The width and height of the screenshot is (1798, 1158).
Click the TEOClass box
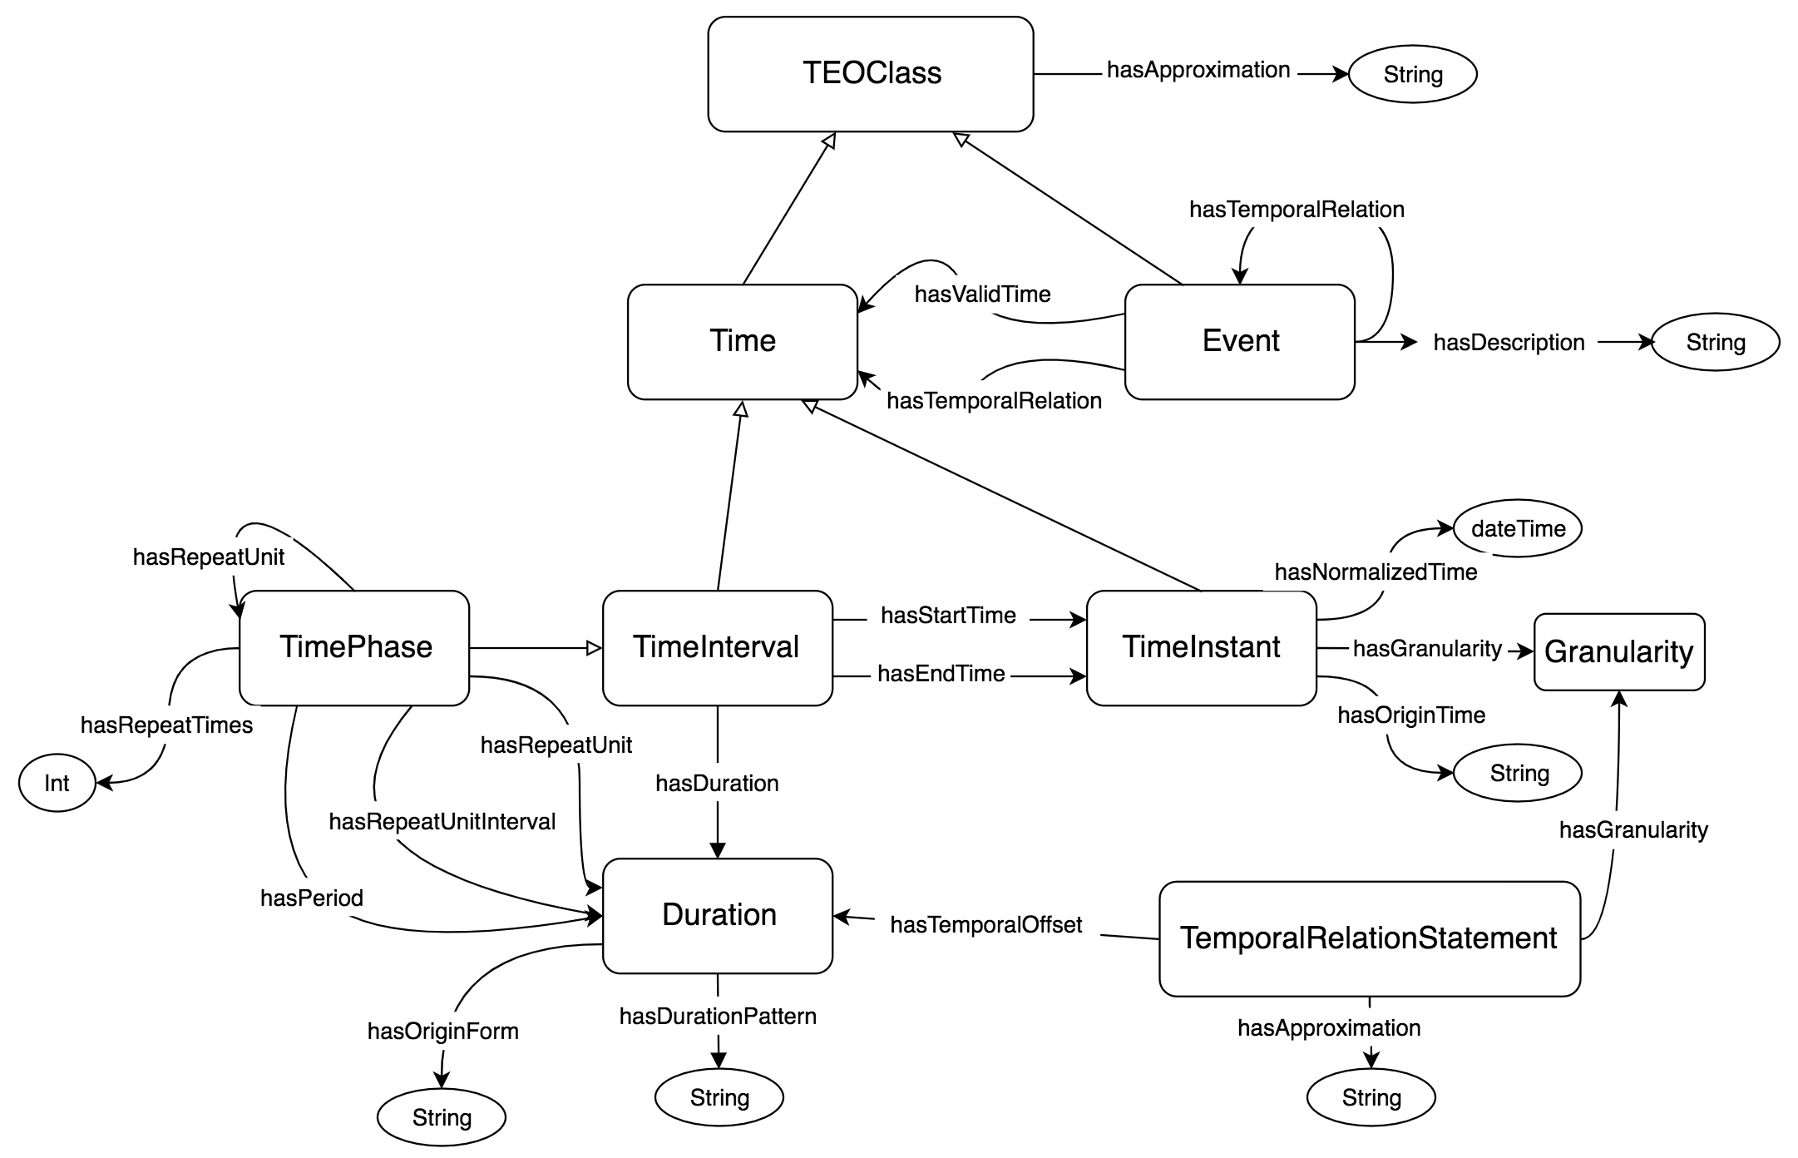coord(871,74)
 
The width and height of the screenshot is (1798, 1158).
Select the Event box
coord(1240,342)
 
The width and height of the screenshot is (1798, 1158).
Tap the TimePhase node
coord(354,648)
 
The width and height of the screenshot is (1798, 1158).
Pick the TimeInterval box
coord(717,648)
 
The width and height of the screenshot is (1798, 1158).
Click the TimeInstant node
coord(1201,648)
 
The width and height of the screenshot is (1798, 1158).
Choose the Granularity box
coord(1618,652)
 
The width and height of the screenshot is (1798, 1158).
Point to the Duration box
coord(719,915)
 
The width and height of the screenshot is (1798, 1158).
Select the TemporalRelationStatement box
coord(1369,938)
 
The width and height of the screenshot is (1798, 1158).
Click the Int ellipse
coord(57,784)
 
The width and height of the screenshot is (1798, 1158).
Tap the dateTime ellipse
coord(1518,529)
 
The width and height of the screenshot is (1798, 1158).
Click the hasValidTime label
coord(982,294)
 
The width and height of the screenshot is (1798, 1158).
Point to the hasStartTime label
coord(948,616)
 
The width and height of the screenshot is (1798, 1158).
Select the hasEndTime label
coord(941,674)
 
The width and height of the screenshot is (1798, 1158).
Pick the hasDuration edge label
coord(717,784)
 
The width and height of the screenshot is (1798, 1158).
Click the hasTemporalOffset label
coord(985,925)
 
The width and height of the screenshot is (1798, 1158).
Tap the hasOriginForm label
coord(442,1032)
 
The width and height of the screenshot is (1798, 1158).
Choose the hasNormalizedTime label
coord(1376,572)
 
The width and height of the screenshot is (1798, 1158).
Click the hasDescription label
coord(1509,343)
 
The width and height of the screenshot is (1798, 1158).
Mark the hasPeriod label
coord(311,898)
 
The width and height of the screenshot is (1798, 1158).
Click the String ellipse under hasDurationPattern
coord(719,1098)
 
